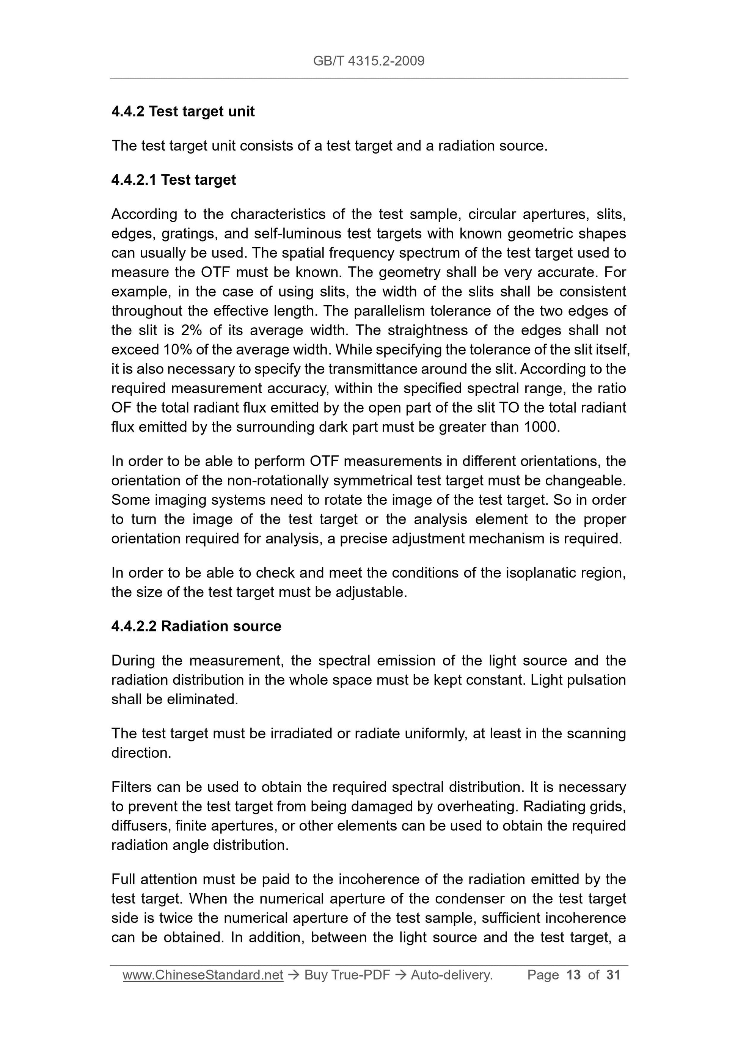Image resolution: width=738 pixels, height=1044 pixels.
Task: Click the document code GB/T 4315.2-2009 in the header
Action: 368,61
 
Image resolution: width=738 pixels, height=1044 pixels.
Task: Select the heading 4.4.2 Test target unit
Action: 183,111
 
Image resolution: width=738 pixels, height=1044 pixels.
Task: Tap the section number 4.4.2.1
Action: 134,180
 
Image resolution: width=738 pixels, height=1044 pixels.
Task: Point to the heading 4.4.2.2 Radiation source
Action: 196,626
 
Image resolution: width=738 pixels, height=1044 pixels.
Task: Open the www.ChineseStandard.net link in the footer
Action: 203,975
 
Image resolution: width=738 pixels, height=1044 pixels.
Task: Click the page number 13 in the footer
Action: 573,975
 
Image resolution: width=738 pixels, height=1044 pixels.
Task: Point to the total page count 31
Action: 613,975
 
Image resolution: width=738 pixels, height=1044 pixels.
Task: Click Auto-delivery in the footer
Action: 452,975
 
